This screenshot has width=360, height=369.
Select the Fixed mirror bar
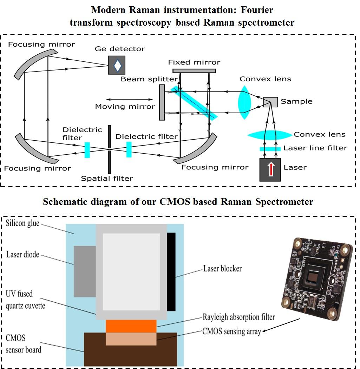point(194,71)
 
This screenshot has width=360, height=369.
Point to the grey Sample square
point(271,102)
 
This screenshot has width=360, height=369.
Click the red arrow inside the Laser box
point(270,169)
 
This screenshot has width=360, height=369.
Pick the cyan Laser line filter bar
point(270,149)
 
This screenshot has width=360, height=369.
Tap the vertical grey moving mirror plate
point(162,102)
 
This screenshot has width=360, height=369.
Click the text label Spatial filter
point(107,179)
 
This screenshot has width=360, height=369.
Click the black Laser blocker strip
point(171,272)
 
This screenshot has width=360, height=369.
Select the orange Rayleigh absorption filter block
point(131,326)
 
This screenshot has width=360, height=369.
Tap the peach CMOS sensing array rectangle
point(131,338)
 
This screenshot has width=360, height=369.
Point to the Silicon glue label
point(23,223)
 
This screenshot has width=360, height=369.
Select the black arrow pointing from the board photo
point(281,325)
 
